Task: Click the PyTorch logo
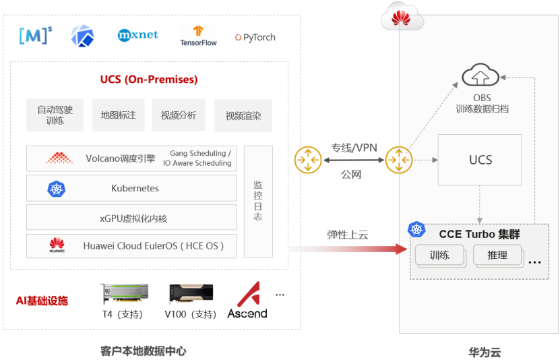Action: pos(255,38)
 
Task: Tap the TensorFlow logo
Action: pos(198,36)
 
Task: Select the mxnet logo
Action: pos(137,34)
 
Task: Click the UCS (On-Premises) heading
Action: pos(149,80)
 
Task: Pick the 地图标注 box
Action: pos(119,115)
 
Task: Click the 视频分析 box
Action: pos(178,115)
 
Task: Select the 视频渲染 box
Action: pos(243,116)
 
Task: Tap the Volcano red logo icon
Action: pos(59,158)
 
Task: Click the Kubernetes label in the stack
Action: pos(135,188)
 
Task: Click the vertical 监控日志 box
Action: pos(258,201)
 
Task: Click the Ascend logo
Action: pos(247,300)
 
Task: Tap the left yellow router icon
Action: pos(308,160)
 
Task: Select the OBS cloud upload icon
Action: pos(481,75)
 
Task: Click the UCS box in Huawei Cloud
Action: pos(480,160)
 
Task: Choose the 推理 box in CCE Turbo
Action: pos(497,256)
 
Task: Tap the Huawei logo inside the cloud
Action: pos(402,18)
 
